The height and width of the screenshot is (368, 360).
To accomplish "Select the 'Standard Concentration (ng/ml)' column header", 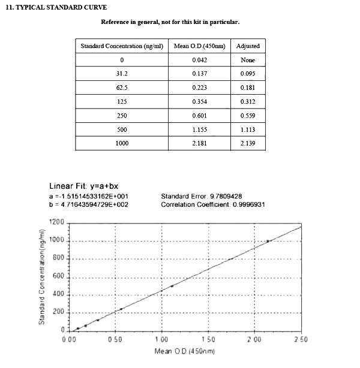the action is [122, 46].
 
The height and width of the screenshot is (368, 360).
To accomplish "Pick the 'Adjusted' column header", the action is [248, 46].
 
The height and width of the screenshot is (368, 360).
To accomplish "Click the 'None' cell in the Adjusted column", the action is [248, 60].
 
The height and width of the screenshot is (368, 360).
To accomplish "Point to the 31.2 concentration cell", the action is [122, 74].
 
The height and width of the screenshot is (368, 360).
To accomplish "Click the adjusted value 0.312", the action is [248, 101].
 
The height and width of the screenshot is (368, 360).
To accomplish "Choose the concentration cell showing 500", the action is [122, 129].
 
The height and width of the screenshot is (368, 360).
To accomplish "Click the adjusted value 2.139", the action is [248, 143].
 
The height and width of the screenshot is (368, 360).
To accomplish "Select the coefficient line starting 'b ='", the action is [89, 204].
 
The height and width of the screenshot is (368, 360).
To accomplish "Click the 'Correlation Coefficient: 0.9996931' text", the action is [213, 204].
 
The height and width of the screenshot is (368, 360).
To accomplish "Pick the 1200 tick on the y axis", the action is [56, 223].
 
